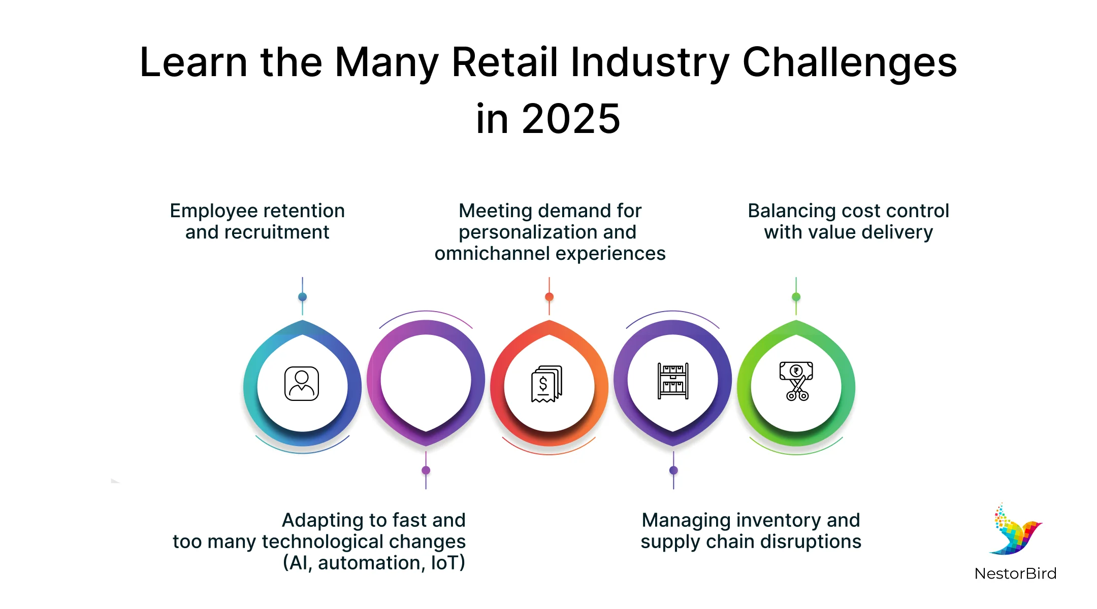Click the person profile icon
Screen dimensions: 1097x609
click(x=302, y=384)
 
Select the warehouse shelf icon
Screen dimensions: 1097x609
click(x=673, y=381)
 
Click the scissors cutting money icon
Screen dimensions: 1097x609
click(x=796, y=381)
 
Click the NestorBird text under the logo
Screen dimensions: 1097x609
click(x=1015, y=573)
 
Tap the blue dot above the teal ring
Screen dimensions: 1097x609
click(x=303, y=297)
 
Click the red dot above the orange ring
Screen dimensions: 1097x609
click(x=550, y=297)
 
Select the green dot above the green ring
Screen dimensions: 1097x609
click(x=796, y=297)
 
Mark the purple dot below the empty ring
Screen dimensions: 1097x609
click(x=426, y=470)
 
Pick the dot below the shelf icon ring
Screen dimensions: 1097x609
click(x=673, y=470)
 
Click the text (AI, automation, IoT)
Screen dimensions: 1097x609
click(x=374, y=563)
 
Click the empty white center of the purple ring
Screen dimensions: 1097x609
click(x=426, y=381)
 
